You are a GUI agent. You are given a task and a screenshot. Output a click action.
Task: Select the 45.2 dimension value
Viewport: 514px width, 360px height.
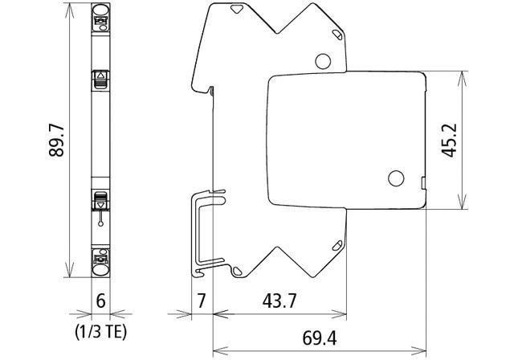click(450, 141)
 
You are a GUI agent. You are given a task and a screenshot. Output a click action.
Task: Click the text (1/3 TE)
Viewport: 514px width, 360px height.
click(100, 329)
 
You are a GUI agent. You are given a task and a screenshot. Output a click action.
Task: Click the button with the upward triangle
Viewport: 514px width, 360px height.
click(101, 79)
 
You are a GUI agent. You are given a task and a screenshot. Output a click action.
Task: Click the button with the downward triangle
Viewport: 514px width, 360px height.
click(101, 202)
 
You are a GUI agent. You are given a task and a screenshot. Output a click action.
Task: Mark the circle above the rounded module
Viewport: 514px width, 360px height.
click(322, 60)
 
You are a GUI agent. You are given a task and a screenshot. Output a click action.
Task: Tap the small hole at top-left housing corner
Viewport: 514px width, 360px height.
click(237, 11)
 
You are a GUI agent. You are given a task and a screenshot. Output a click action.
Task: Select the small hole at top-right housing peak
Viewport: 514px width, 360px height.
click(336, 33)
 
